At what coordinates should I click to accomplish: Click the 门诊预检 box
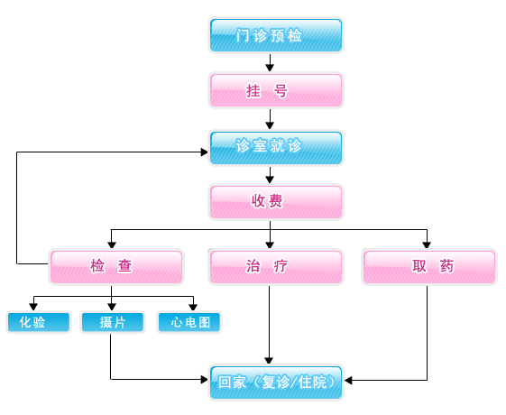pyautogui.click(x=276, y=35)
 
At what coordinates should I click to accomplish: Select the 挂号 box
pyautogui.click(x=276, y=90)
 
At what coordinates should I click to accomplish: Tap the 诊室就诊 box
pyautogui.click(x=276, y=148)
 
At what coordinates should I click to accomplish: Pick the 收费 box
pyautogui.click(x=276, y=202)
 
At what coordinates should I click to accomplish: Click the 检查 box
pyautogui.click(x=116, y=267)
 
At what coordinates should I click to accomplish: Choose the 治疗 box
pyautogui.click(x=276, y=267)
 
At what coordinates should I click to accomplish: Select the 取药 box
pyautogui.click(x=429, y=267)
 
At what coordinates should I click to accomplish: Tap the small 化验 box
pyautogui.click(x=39, y=322)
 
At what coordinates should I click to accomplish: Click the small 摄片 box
pyautogui.click(x=113, y=322)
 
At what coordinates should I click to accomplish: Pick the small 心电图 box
pyautogui.click(x=189, y=322)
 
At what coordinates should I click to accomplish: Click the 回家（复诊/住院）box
pyautogui.click(x=276, y=383)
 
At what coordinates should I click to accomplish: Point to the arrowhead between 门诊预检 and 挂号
pyautogui.click(x=270, y=68)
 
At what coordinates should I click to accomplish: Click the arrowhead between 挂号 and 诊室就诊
pyautogui.click(x=270, y=125)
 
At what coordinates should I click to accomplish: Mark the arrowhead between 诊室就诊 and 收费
pyautogui.click(x=270, y=180)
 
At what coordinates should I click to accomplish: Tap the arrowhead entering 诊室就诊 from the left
pyautogui.click(x=204, y=152)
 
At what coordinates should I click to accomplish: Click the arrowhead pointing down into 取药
pyautogui.click(x=427, y=244)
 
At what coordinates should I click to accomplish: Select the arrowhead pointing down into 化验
pyautogui.click(x=33, y=307)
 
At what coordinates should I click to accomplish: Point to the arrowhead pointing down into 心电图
pyautogui.click(x=193, y=307)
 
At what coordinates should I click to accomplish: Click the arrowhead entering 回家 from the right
pyautogui.click(x=348, y=380)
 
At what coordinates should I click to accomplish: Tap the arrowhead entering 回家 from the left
pyautogui.click(x=204, y=380)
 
